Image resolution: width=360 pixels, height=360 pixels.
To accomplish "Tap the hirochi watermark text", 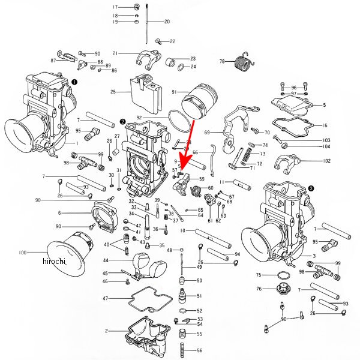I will [54, 262].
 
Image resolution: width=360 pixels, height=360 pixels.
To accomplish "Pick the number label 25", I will [113, 92].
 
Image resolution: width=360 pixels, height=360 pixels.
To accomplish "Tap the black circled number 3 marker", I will [311, 188].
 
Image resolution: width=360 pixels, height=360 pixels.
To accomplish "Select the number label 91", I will [174, 92].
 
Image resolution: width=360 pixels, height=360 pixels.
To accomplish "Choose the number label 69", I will [208, 132].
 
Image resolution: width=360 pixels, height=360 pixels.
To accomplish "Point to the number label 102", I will [326, 161].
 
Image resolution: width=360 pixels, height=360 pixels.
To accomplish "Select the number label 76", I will [259, 289].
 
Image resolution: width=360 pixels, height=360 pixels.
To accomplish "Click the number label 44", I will [106, 260].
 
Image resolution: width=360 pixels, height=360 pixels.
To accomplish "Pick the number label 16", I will [325, 125].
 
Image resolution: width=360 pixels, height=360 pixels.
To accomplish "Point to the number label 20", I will [167, 22].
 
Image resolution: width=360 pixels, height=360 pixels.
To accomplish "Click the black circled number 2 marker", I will [122, 121].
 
